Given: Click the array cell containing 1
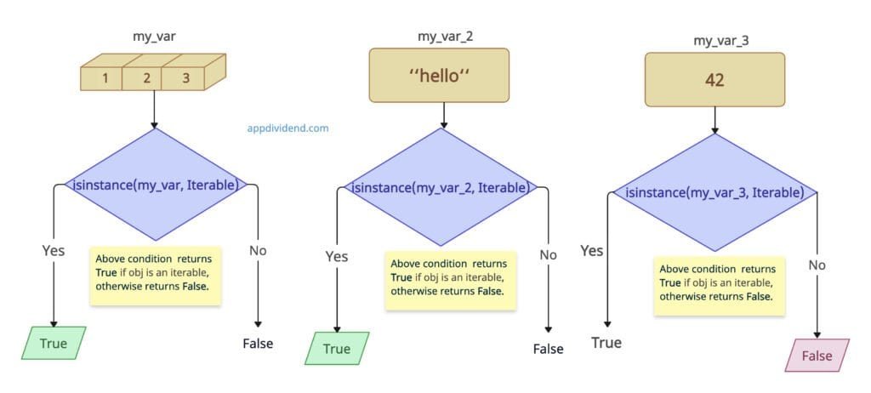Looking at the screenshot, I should (x=105, y=78).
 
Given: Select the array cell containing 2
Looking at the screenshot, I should (x=146, y=78).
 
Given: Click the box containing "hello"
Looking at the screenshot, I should (x=439, y=75).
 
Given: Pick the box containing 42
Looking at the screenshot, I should (x=714, y=80).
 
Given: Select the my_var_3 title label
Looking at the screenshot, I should (x=714, y=40).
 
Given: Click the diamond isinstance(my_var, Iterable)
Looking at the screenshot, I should (x=155, y=184).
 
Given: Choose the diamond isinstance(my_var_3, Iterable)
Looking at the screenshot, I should (x=714, y=192).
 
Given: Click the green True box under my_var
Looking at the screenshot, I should (x=55, y=343).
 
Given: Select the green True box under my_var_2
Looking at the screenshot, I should (x=337, y=349).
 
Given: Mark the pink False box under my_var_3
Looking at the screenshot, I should (x=817, y=355).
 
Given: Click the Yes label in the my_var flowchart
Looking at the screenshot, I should (x=54, y=250).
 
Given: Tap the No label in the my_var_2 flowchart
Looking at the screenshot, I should (x=549, y=255).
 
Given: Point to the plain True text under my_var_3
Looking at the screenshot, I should (x=606, y=343).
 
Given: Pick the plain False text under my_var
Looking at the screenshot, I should (x=258, y=343).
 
